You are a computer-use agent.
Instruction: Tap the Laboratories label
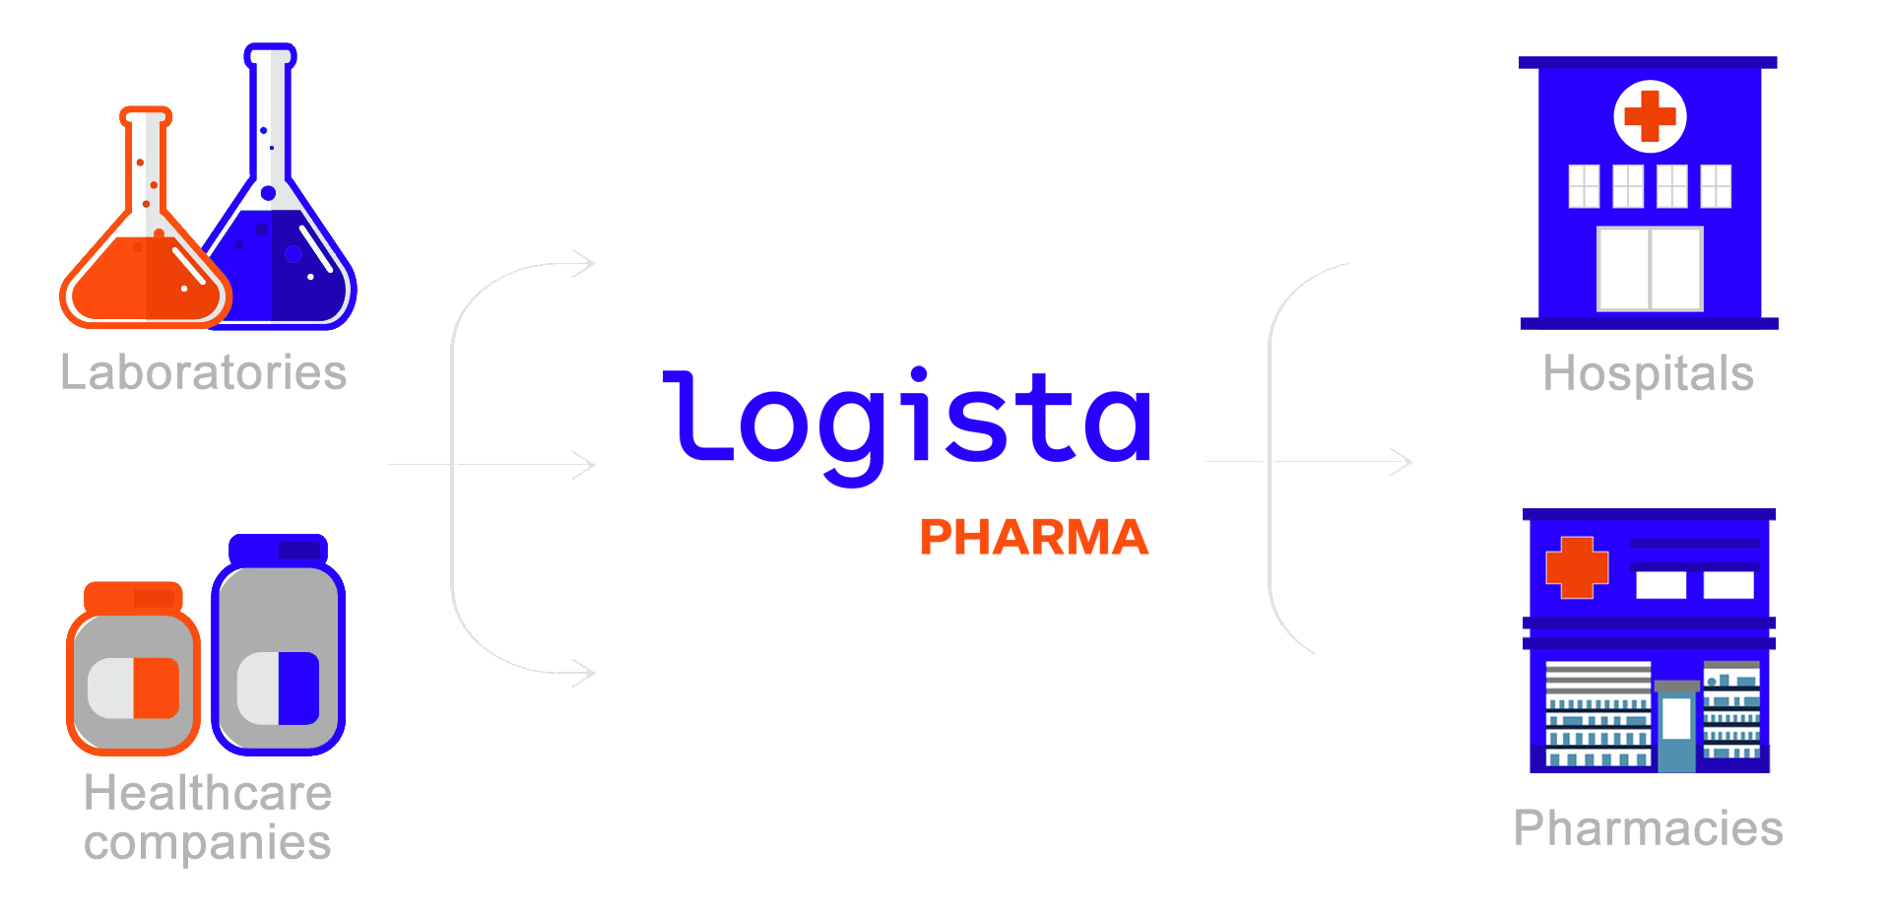click(x=204, y=372)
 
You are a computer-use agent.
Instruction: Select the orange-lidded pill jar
click(x=133, y=669)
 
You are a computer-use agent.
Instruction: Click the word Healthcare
click(x=208, y=793)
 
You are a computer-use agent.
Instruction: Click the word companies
click(x=208, y=843)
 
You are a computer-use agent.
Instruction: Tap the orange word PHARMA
click(x=1034, y=538)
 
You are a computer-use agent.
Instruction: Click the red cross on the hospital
click(x=1650, y=116)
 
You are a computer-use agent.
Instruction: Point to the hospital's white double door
click(x=1650, y=268)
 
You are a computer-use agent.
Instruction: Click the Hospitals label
click(x=1649, y=374)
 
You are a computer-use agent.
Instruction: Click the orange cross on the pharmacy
click(x=1577, y=567)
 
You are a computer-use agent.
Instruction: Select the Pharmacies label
click(x=1649, y=828)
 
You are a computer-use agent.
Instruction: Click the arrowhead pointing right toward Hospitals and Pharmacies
click(x=1401, y=461)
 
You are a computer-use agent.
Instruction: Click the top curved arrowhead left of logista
click(x=585, y=263)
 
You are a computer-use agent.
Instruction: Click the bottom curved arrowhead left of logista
click(x=585, y=674)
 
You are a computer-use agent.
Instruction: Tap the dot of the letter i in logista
click(x=919, y=374)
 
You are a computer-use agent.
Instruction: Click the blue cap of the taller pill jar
click(x=279, y=548)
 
